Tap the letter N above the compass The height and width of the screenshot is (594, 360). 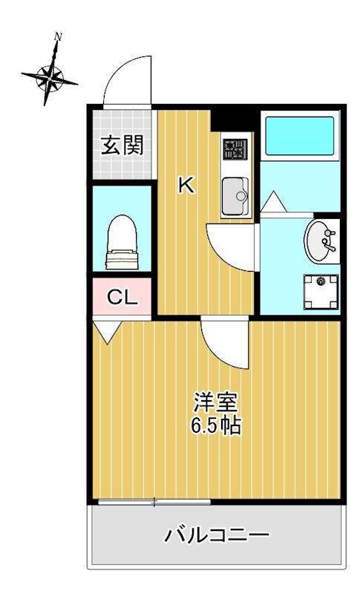58,36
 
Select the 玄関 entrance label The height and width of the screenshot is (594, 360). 122,146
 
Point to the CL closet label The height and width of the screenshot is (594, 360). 122,298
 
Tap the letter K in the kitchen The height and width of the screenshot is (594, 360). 186,186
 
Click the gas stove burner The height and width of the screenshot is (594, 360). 235,149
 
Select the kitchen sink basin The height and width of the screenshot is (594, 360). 235,196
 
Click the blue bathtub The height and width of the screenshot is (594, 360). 299,136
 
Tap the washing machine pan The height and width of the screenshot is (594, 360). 321,292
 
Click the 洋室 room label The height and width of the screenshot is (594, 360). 215,402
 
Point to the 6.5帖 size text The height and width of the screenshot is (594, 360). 215,425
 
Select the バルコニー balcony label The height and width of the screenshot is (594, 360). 217,535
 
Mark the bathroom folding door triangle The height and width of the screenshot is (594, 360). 273,202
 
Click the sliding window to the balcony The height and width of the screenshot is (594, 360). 154,502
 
